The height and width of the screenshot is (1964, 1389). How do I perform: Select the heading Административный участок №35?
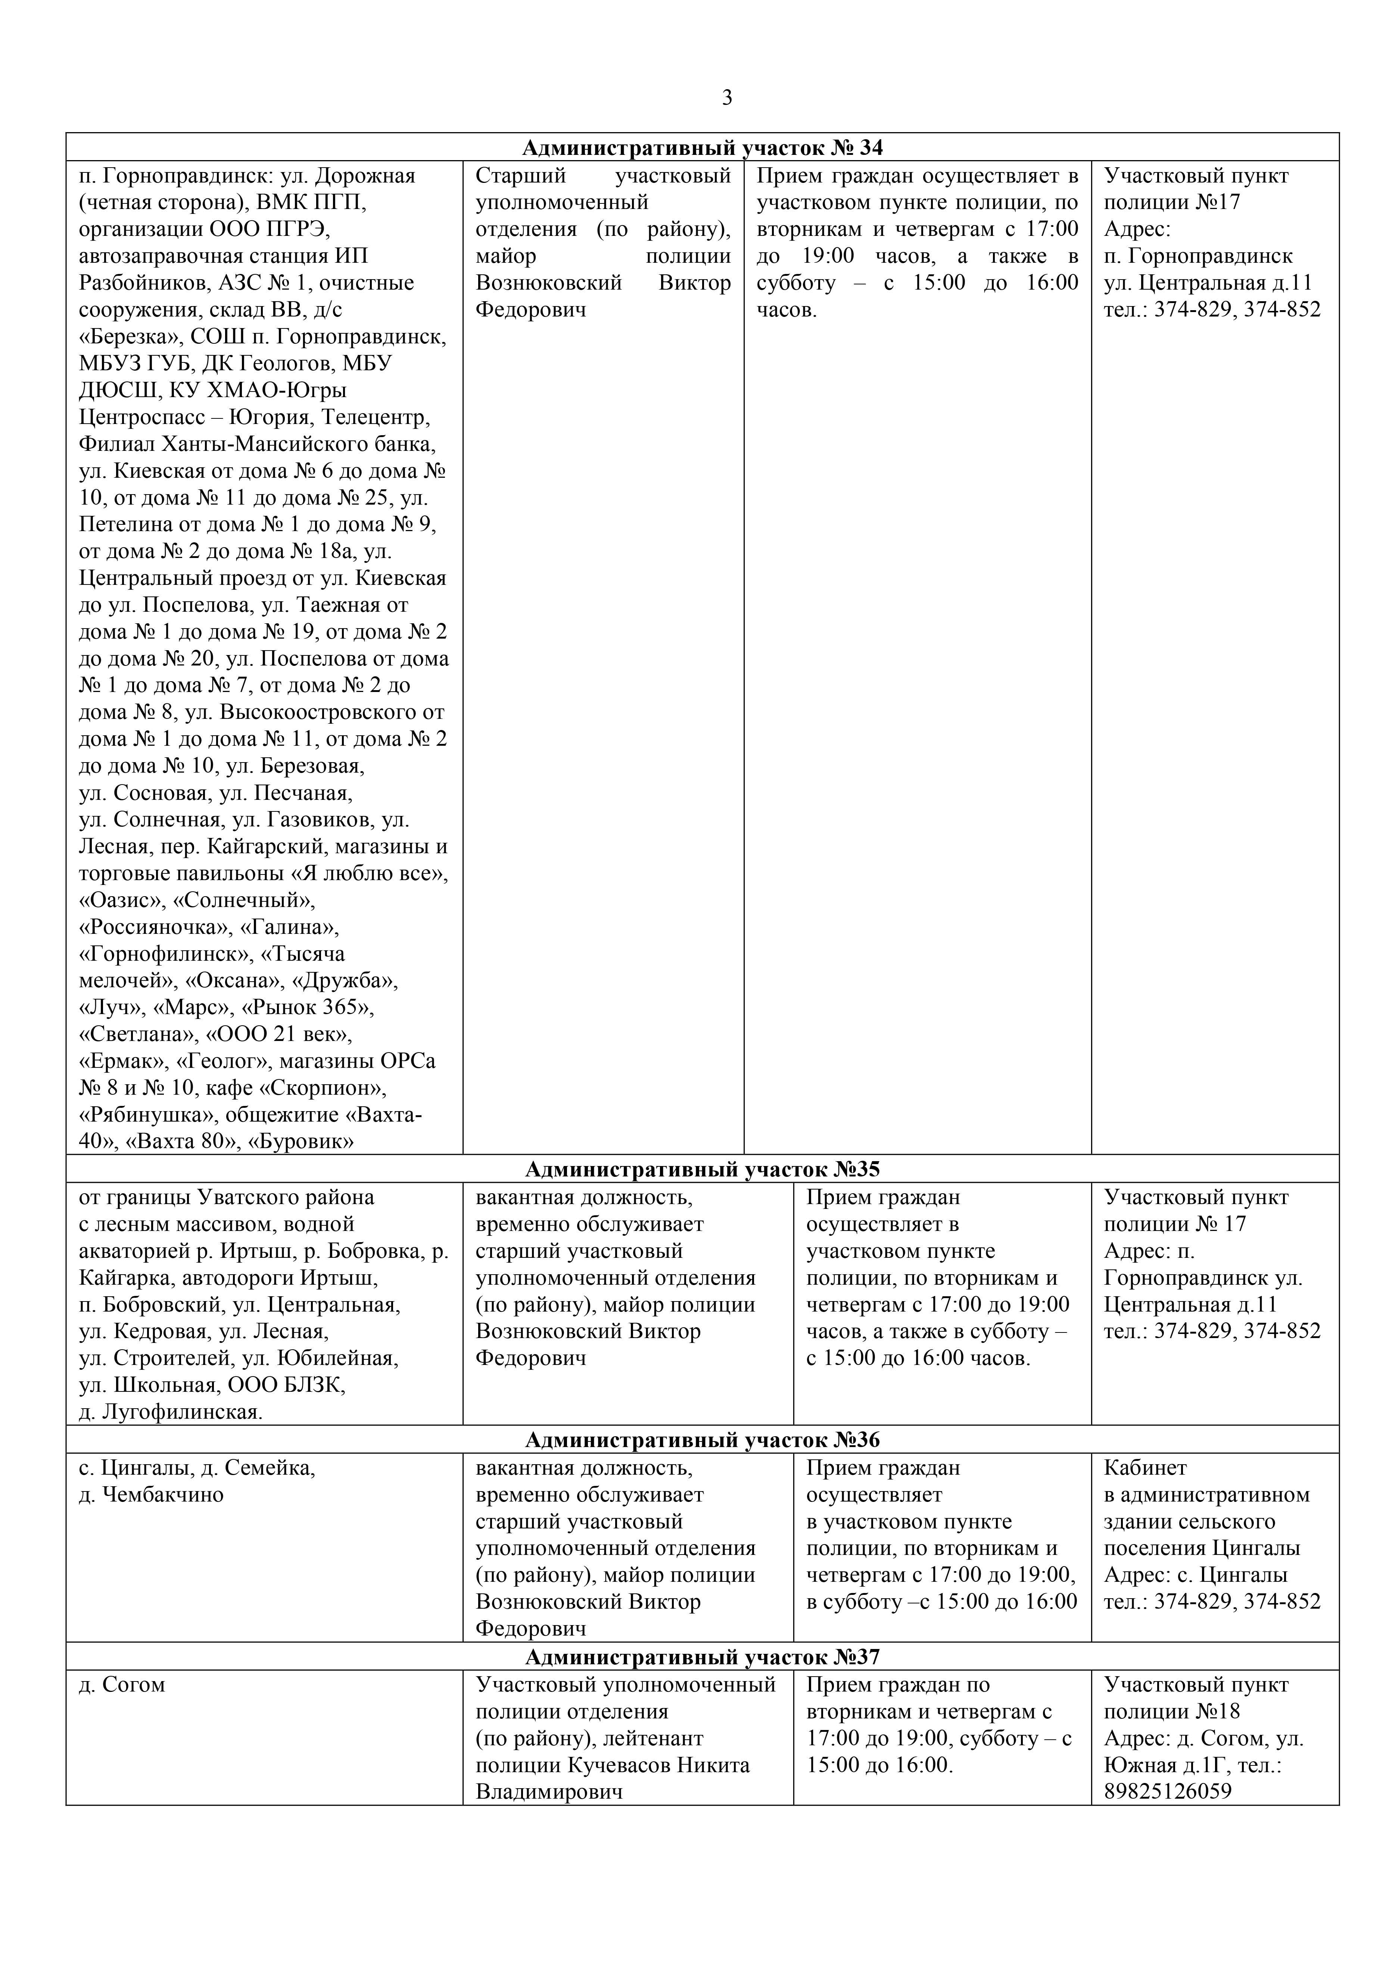[x=702, y=1169]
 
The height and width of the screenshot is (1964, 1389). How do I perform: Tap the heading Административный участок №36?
[x=702, y=1440]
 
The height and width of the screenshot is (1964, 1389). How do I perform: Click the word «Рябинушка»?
[x=134, y=1115]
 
